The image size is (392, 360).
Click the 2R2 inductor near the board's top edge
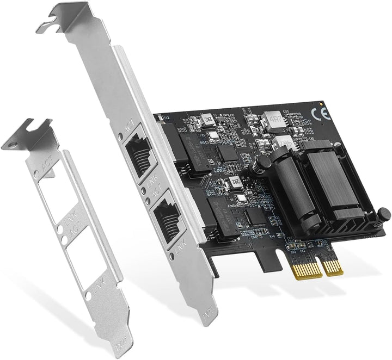tap(207, 120)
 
